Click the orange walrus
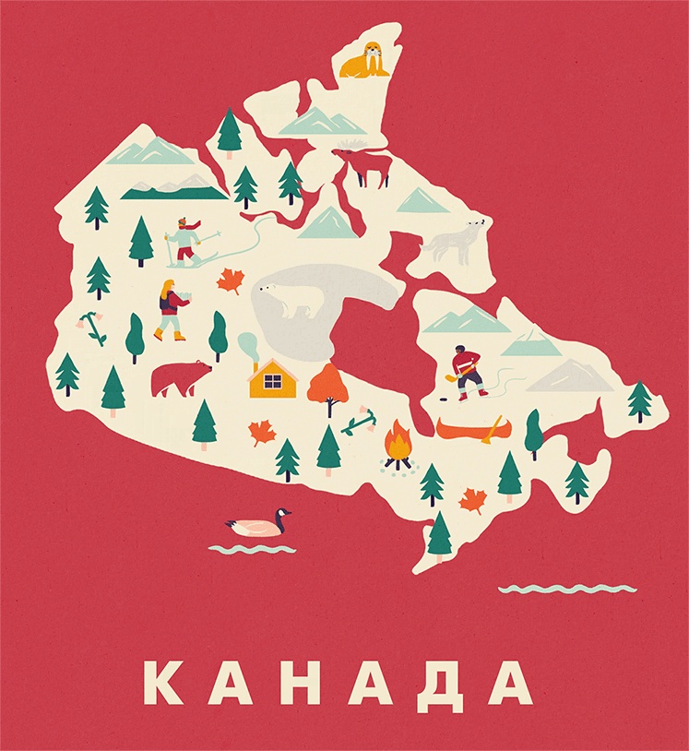(x=365, y=62)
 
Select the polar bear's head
(x=269, y=292)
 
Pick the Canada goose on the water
(x=258, y=525)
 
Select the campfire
(x=398, y=447)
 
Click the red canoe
(x=469, y=429)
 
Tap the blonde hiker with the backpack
(x=172, y=309)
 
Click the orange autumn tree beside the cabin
(x=327, y=386)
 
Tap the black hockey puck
(x=442, y=399)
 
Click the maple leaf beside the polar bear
(x=231, y=280)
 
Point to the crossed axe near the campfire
(x=360, y=423)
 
